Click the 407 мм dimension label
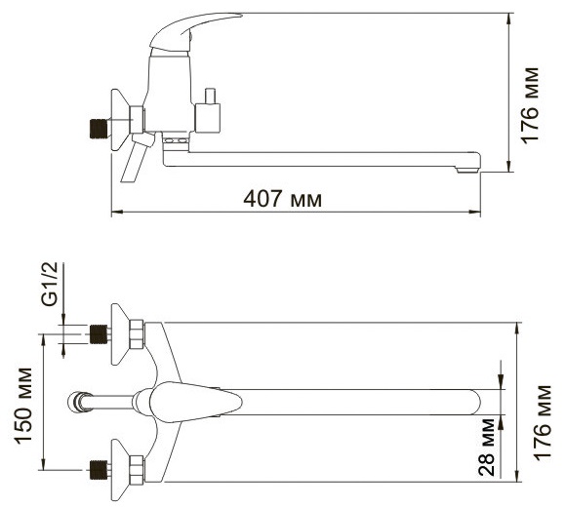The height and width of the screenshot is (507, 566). pos(282,199)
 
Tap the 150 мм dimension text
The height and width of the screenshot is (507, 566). pos(23,406)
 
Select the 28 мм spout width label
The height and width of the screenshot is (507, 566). pos(486,447)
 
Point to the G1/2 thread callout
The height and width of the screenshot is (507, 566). pos(50,284)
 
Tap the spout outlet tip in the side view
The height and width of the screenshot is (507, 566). pos(468,170)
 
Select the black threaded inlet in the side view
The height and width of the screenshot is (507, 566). pos(99,129)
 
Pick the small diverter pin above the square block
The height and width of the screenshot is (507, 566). pos(210,96)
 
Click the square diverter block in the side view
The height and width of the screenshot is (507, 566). pos(208,118)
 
